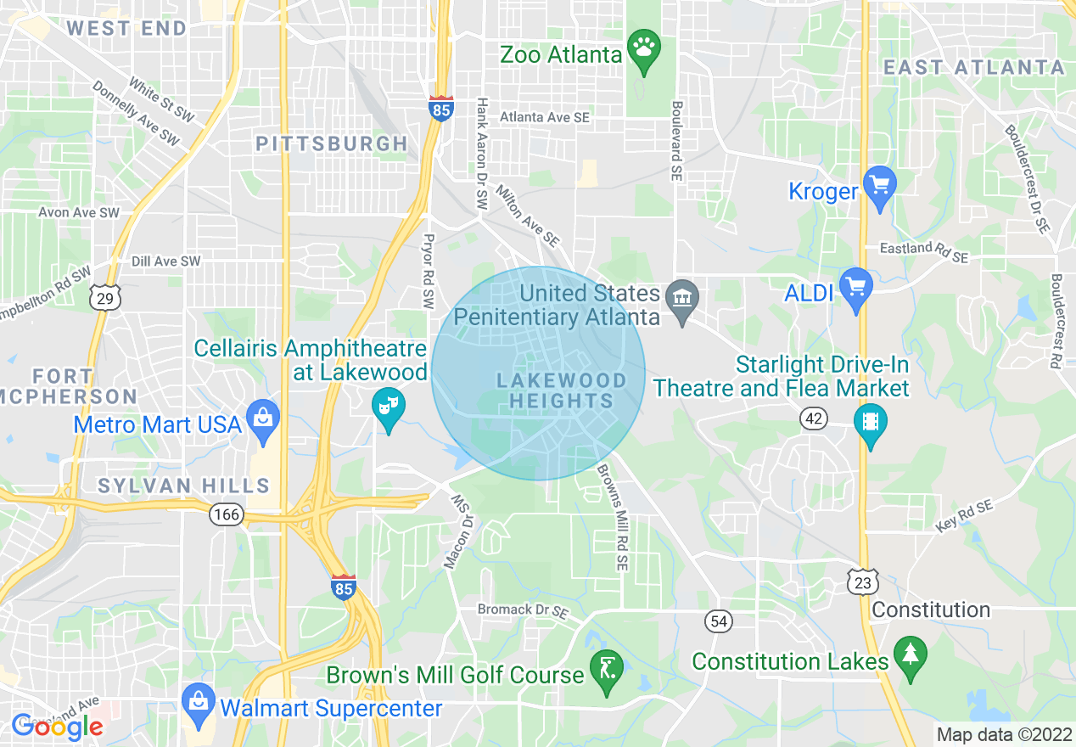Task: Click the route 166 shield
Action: (227, 514)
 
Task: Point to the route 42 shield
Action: (813, 418)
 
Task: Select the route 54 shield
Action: (719, 621)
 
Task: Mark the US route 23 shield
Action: (861, 582)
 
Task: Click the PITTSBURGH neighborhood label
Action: (332, 143)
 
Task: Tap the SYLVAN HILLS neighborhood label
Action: (183, 486)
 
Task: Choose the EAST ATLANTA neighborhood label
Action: (973, 67)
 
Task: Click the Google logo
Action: (57, 726)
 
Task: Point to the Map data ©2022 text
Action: (1002, 733)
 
